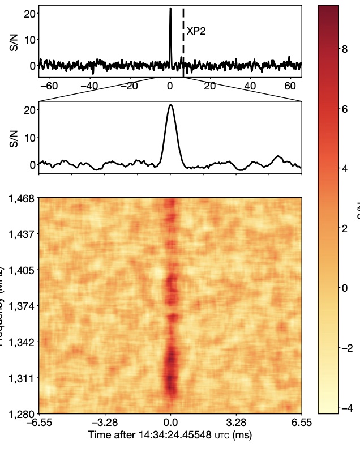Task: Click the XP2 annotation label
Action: coord(196,31)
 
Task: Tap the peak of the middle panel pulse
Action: coord(171,105)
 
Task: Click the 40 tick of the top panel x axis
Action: coord(250,86)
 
